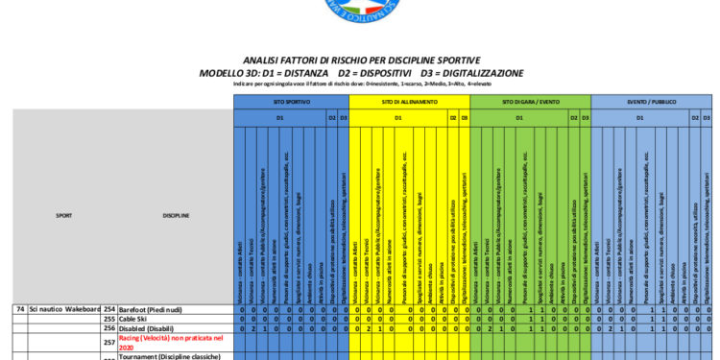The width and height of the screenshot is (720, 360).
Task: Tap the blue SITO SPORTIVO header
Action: tap(292, 101)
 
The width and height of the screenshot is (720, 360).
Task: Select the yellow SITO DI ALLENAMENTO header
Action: tap(410, 101)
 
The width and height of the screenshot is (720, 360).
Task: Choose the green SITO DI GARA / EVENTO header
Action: tap(530, 101)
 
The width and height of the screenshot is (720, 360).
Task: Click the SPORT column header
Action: tap(64, 216)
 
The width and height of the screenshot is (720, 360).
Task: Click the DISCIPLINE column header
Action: tap(176, 216)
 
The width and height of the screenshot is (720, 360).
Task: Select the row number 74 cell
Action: tap(20, 309)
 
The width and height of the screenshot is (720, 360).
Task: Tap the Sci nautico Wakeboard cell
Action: tap(64, 309)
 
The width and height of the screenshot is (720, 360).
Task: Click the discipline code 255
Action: tap(108, 319)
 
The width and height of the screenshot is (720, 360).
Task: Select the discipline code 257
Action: tap(108, 343)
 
